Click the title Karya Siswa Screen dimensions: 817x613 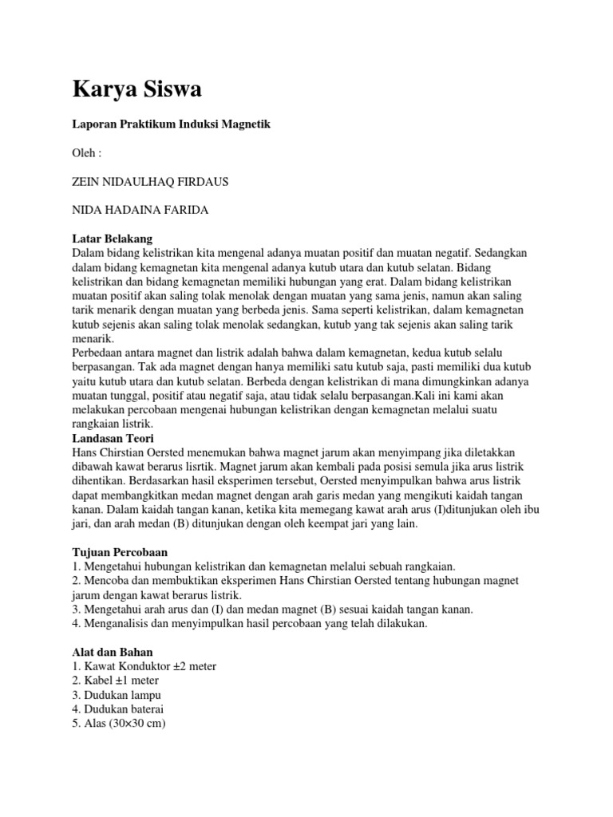pos(136,89)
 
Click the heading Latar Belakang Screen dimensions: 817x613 pos(112,239)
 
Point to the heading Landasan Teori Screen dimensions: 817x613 pos(113,439)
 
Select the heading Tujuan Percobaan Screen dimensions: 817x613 pos(120,551)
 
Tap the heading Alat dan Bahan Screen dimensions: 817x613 pos(113,651)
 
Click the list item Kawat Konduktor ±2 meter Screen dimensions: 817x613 pos(144,665)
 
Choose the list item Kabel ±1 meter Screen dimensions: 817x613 pos(116,680)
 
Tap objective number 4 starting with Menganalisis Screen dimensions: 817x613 pos(250,623)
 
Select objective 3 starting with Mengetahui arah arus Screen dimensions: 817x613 pos(272,609)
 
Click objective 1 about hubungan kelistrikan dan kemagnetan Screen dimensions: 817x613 pos(263,566)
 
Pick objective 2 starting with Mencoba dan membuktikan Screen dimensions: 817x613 pos(295,580)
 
